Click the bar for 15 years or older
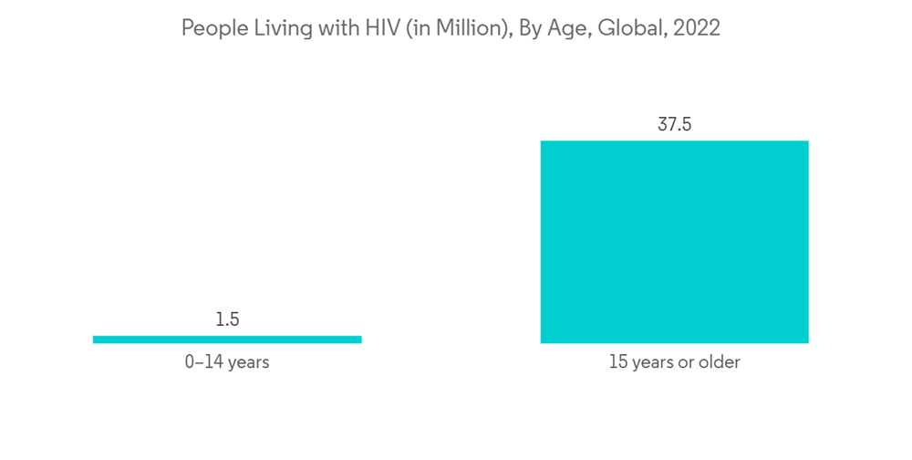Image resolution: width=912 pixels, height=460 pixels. point(674,242)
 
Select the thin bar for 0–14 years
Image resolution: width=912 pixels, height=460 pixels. point(227,340)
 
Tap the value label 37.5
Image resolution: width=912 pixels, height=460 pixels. point(674,125)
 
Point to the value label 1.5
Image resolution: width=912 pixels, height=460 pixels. point(227,319)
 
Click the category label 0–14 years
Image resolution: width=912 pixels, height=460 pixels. point(227,362)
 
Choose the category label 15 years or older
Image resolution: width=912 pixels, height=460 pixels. point(674,362)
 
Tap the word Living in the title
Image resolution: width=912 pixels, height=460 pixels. point(276,28)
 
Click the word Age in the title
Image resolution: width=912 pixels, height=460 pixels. point(570,28)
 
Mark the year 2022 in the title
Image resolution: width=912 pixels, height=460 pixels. point(697,28)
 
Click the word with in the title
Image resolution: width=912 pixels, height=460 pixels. point(332,28)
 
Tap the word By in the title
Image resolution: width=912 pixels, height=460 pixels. point(531,28)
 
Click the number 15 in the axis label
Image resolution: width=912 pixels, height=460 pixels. point(617,362)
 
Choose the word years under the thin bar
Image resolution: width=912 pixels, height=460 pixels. point(248,362)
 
